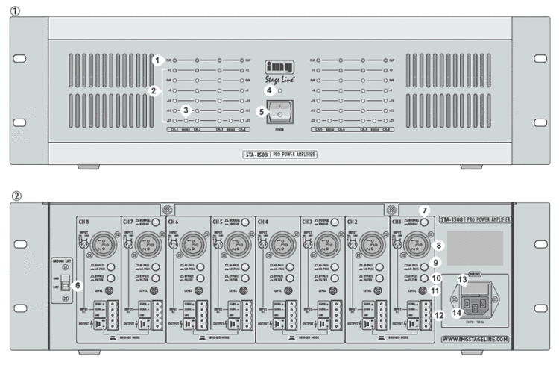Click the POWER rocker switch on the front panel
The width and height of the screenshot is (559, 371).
(279, 112)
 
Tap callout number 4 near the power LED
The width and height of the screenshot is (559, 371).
(269, 90)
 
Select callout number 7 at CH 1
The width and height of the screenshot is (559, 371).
(424, 211)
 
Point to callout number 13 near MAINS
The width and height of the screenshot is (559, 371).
(462, 279)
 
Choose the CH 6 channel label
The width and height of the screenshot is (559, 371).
(173, 221)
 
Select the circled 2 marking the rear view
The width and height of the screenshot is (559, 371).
(16, 197)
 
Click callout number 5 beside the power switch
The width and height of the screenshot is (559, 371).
(261, 112)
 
